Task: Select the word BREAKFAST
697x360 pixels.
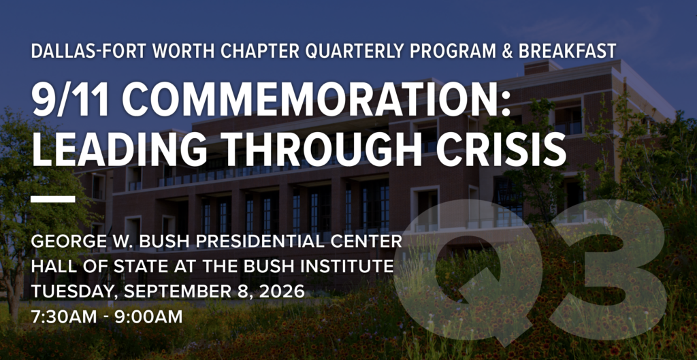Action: tap(568, 52)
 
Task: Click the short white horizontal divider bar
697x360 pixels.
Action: tap(53, 199)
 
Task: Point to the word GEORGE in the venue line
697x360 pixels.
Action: tap(61, 242)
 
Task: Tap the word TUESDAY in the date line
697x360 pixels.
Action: tap(75, 292)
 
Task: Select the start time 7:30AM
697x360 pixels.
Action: tap(64, 317)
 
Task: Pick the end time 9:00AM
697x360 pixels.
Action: tap(149, 317)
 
